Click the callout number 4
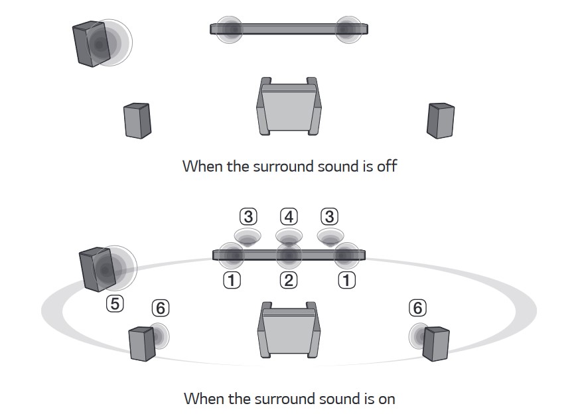(x=289, y=216)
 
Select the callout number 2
(x=289, y=280)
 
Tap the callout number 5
(x=114, y=304)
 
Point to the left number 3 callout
(x=248, y=216)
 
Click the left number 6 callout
(x=160, y=308)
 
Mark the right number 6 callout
(x=417, y=308)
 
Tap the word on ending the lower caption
(x=385, y=399)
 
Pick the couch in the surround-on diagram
(x=289, y=332)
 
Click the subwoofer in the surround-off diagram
(x=90, y=44)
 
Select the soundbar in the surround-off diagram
(x=289, y=29)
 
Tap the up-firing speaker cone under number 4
(x=289, y=236)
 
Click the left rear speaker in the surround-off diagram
(x=137, y=120)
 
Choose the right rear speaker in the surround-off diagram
(x=440, y=120)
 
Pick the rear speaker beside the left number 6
(x=142, y=343)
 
